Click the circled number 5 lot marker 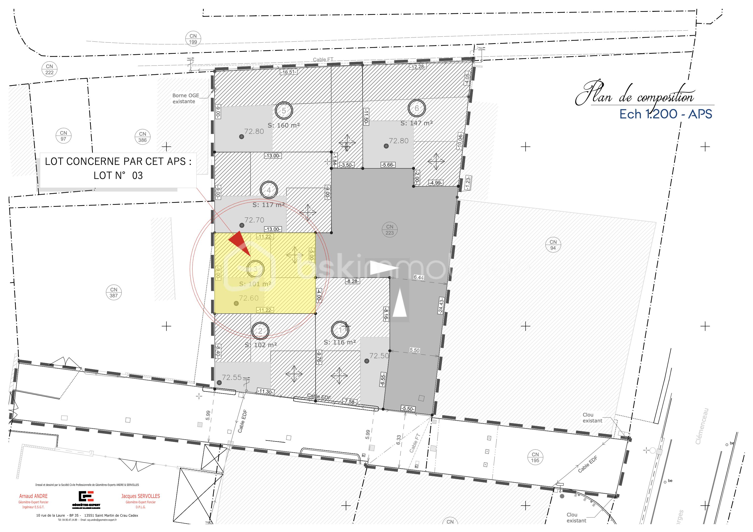tap(284, 111)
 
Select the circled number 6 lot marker tap(416, 108)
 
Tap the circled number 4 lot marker tap(269, 190)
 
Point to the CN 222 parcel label tap(50, 69)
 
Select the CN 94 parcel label tap(553, 245)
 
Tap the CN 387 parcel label tap(114, 292)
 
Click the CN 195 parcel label tap(535, 457)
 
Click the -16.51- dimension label tap(288, 72)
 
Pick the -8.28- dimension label tap(352, 281)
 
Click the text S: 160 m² tap(284, 125)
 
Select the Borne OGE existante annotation tap(185, 98)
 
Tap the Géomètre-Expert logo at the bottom tap(86, 499)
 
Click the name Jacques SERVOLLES tap(140, 496)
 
